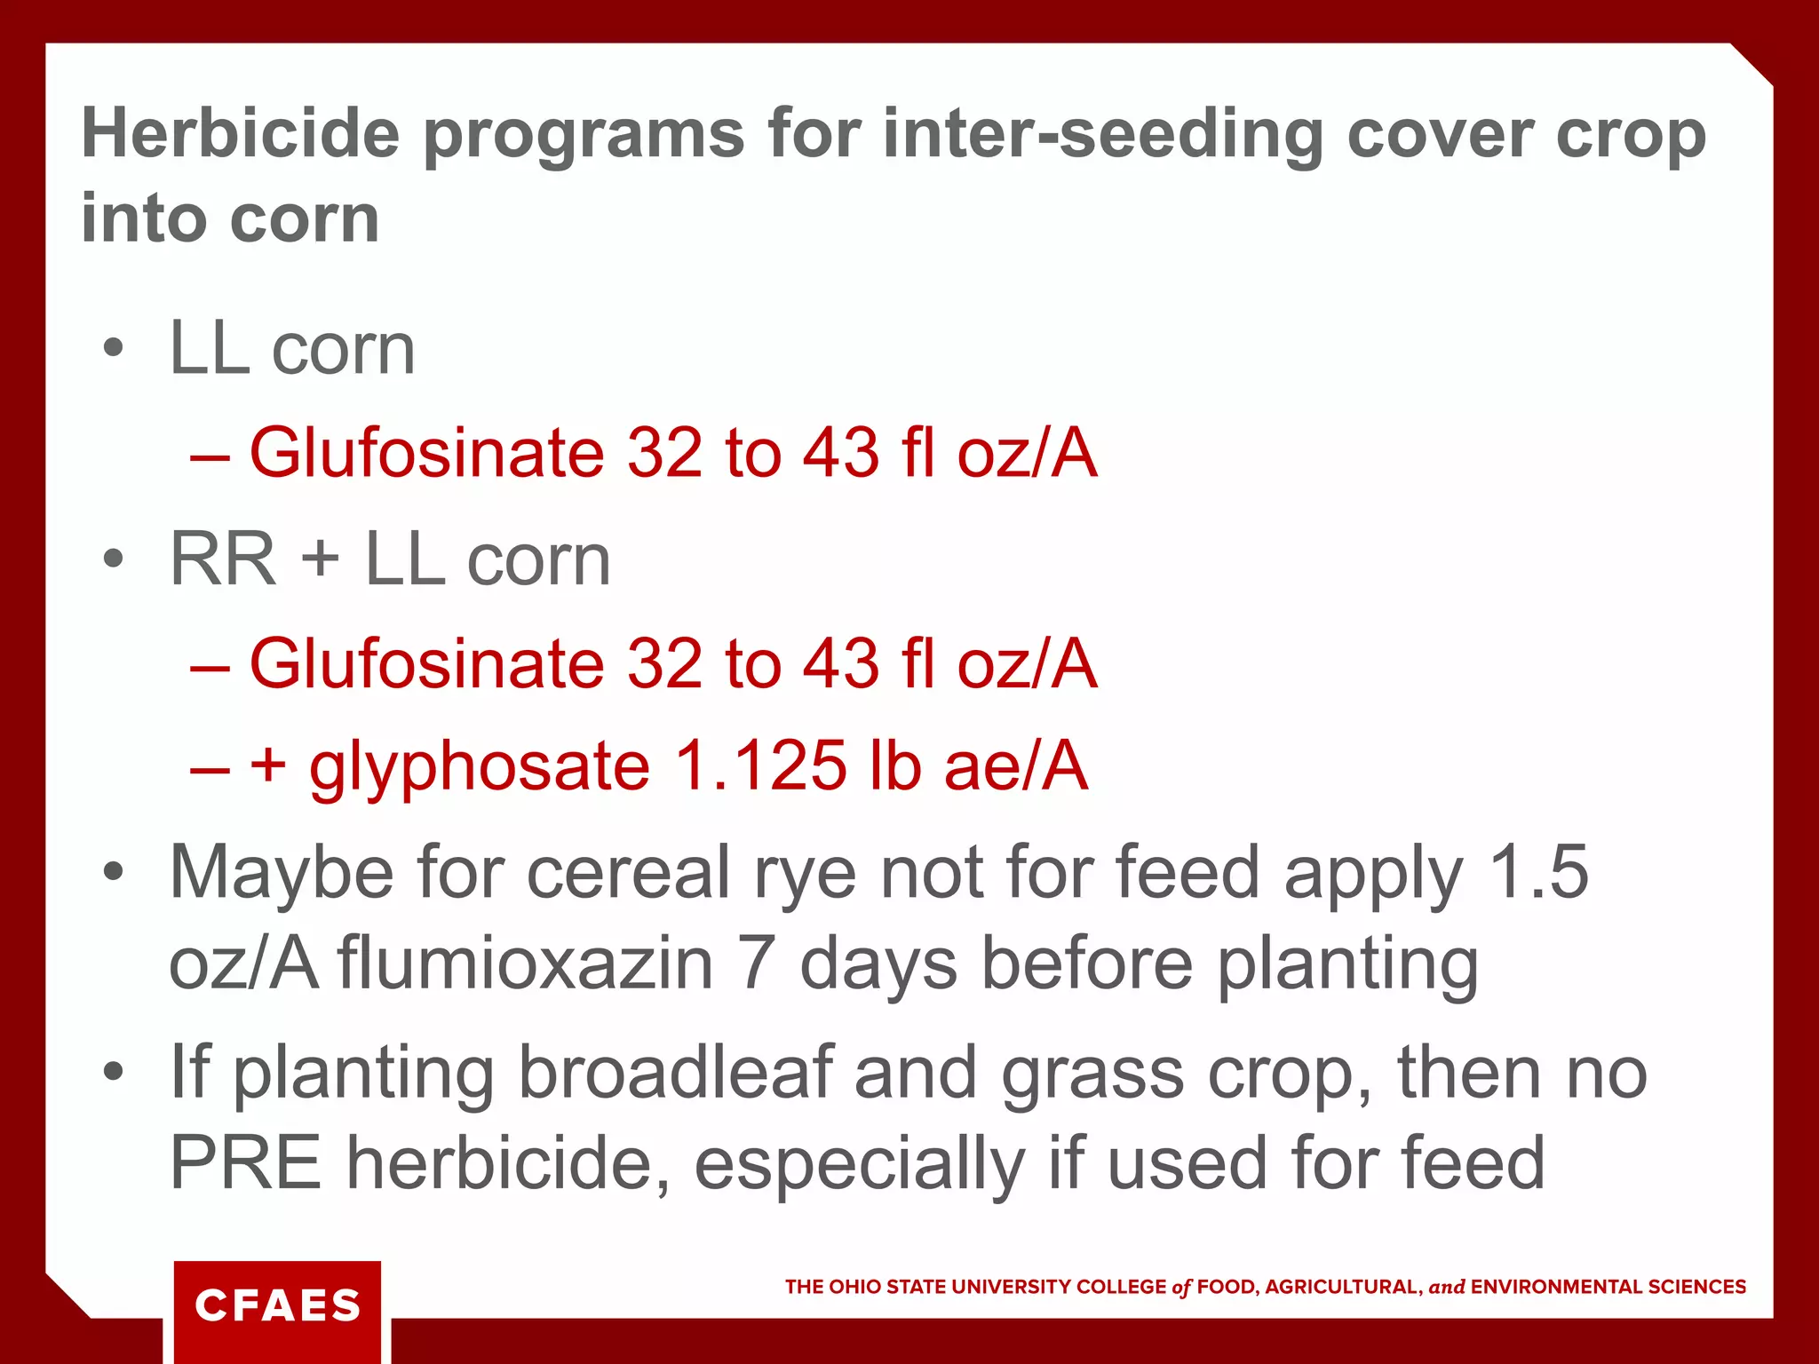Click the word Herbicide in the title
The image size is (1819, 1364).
[x=241, y=134]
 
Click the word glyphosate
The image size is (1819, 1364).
[x=480, y=767]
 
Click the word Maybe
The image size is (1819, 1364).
[x=282, y=874]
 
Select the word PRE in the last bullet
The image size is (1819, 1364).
[x=245, y=1163]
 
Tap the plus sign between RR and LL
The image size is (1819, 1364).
[x=321, y=561]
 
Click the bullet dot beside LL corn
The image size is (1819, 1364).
[x=113, y=348]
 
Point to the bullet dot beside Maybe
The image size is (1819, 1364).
[x=113, y=872]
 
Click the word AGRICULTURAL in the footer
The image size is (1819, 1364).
[x=1342, y=1287]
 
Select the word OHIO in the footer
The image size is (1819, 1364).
[x=854, y=1287]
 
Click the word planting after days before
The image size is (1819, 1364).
[x=1347, y=965]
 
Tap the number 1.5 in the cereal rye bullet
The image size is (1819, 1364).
[x=1538, y=872]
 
